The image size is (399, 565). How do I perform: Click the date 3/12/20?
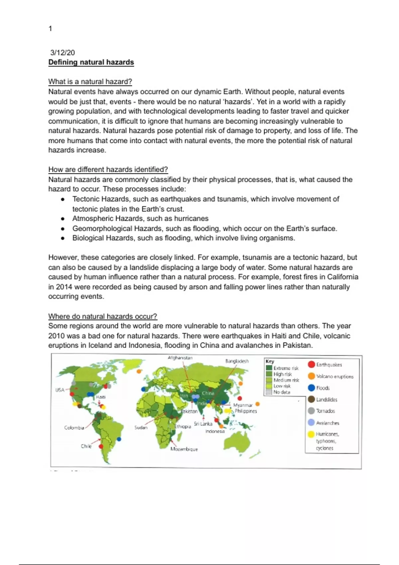coord(63,53)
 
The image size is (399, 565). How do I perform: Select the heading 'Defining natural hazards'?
coord(91,62)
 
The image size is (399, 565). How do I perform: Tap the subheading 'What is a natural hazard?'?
coord(90,82)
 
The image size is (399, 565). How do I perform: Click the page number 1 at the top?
coord(50,29)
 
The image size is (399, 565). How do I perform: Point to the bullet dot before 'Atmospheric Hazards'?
coord(63,219)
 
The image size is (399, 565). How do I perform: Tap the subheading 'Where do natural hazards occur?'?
coord(102,316)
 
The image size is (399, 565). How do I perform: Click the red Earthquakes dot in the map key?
coord(311,365)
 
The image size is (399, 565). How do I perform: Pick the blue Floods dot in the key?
coord(311,388)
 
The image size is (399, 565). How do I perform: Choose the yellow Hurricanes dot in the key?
coord(311,434)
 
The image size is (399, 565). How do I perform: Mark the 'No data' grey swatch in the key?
coord(269,392)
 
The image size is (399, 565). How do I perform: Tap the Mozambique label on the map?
coord(184,449)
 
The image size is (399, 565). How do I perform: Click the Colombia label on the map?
coord(74,428)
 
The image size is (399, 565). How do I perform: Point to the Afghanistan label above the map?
coord(180,358)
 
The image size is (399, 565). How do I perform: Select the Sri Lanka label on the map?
coord(203,424)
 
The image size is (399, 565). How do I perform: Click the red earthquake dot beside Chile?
coord(101,446)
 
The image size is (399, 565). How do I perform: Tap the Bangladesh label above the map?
coord(237,361)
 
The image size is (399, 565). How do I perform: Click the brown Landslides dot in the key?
coord(311,399)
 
